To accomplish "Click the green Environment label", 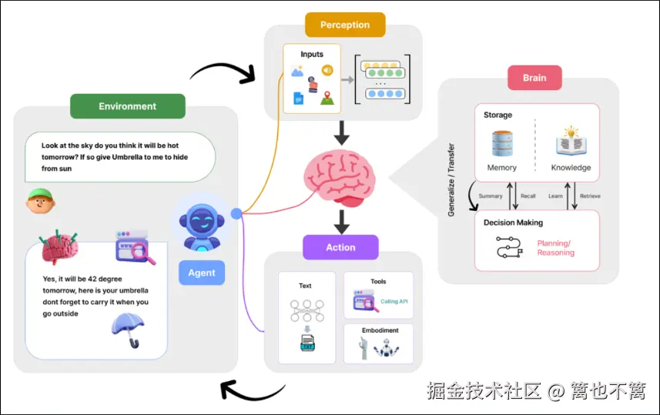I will (127, 106).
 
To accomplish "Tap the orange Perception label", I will (344, 25).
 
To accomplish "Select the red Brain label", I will (534, 78).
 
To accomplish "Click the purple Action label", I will (340, 247).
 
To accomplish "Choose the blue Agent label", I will (202, 273).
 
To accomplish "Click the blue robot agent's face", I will (201, 223).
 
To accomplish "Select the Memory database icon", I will (501, 143).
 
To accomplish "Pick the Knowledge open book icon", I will (571, 143).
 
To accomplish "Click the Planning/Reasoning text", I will (555, 248).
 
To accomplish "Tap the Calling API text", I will (394, 301).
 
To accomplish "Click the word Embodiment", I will (380, 330).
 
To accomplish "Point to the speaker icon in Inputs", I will (327, 71).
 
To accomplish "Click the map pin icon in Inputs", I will (327, 98).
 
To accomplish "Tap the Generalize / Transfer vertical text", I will (452, 179).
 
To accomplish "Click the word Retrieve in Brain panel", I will (589, 196).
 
